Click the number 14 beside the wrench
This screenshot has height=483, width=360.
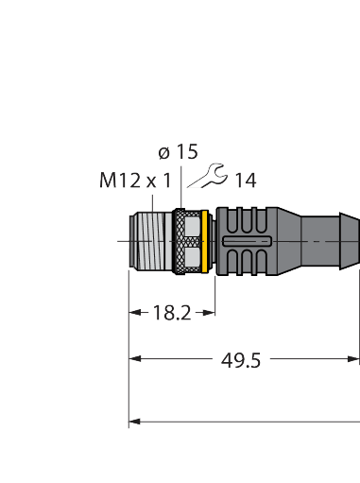pos(247,179)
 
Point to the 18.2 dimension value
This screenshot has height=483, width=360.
pos(172,311)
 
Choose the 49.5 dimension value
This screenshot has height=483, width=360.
pos(241,359)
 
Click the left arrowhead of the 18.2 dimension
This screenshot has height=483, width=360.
pos(133,311)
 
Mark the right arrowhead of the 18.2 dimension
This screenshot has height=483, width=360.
pos(213,311)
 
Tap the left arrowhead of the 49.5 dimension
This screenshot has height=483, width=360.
pos(134,359)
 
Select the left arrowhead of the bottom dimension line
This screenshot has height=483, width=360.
pos(134,420)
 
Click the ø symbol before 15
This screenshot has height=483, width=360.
pos(163,151)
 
